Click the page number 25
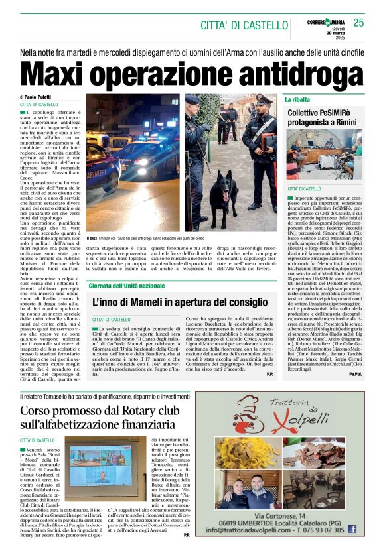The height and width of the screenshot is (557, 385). click(358, 23)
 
